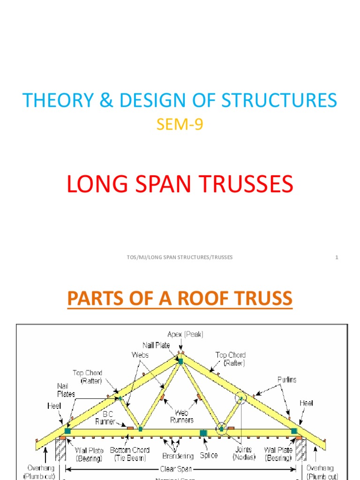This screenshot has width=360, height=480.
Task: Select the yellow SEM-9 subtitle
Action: click(180, 125)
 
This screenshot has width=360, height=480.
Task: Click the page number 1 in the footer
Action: click(337, 257)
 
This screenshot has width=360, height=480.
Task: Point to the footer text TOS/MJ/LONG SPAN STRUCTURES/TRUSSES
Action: click(180, 257)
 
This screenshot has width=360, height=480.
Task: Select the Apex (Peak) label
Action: click(186, 334)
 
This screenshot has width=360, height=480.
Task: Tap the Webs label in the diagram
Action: click(140, 355)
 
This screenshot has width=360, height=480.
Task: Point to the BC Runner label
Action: click(105, 418)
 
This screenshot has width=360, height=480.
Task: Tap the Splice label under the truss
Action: click(208, 456)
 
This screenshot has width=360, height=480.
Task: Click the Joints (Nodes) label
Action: click(244, 453)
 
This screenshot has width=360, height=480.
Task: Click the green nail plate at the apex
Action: click(180, 361)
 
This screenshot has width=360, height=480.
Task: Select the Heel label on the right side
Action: click(306, 403)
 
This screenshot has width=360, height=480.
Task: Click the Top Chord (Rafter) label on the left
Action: click(87, 376)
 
